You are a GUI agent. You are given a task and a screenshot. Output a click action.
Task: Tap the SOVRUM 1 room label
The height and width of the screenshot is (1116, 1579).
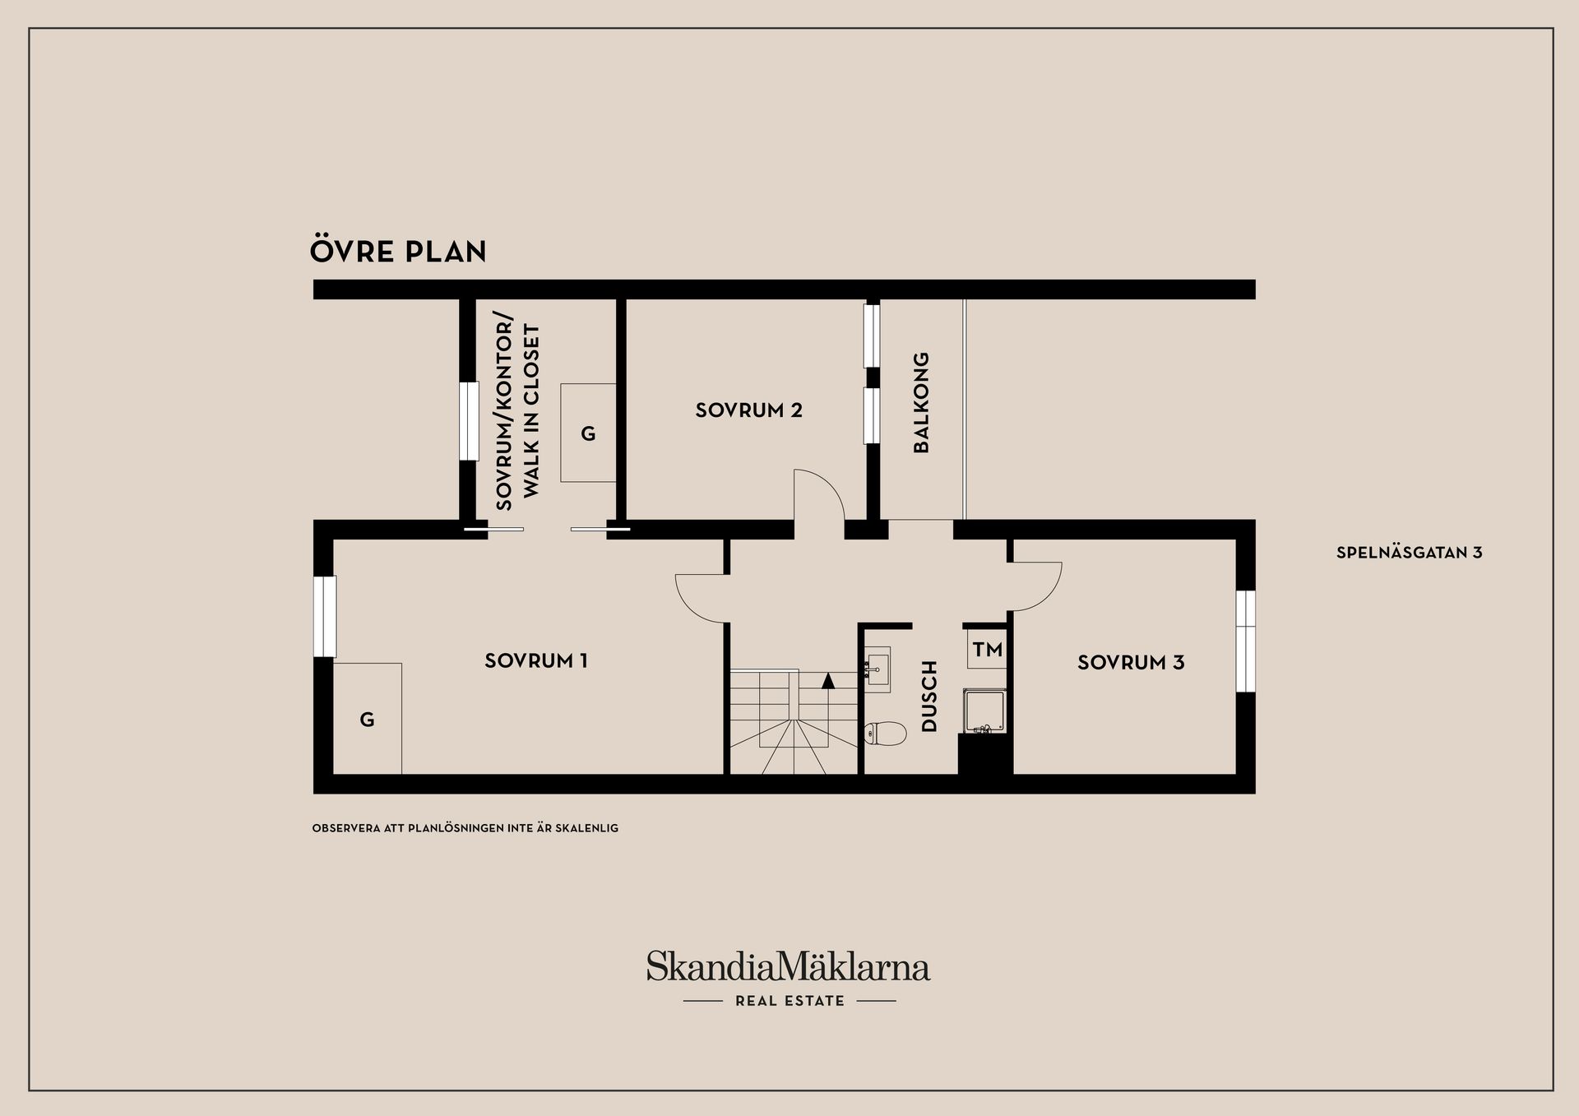click(536, 660)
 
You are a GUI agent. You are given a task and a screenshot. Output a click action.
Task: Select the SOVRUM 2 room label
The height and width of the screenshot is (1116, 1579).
click(748, 410)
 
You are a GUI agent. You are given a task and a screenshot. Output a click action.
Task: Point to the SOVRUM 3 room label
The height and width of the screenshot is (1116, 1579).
click(1131, 662)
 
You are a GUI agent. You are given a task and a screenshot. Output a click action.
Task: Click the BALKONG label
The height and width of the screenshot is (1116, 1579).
click(921, 402)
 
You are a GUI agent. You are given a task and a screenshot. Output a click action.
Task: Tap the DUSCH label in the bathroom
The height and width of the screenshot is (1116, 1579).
click(929, 696)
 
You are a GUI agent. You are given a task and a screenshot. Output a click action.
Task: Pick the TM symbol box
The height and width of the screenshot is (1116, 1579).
click(987, 649)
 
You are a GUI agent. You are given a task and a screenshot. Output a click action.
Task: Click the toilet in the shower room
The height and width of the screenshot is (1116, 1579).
click(885, 733)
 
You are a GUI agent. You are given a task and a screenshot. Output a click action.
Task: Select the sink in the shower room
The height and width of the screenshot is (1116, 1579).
click(878, 671)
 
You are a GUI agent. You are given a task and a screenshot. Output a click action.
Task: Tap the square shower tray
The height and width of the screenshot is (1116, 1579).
click(984, 711)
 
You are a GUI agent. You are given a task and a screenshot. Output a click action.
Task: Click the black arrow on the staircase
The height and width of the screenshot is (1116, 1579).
click(828, 680)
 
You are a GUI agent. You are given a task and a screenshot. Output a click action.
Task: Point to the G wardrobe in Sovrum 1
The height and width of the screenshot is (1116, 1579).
click(368, 718)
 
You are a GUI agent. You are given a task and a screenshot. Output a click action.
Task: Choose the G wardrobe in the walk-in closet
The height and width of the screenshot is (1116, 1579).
click(588, 433)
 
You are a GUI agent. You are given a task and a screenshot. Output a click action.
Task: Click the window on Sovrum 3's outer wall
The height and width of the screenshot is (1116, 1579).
click(1246, 641)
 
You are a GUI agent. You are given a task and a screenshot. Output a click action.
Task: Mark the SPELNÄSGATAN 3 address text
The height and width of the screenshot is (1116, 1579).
click(1409, 553)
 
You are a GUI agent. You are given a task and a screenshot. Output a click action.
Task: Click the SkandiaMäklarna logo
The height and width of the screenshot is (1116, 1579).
click(788, 977)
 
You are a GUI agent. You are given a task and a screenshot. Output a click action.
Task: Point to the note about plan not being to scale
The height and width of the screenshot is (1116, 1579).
click(465, 828)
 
